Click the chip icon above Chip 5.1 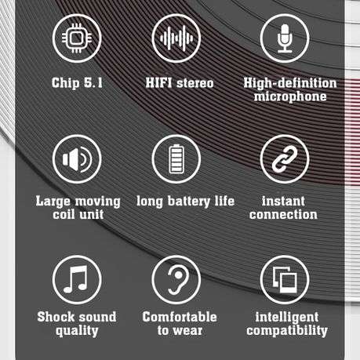(76, 39)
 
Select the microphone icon (284, 39)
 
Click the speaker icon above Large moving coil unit (76, 159)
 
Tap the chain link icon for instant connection (284, 159)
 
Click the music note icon (76, 280)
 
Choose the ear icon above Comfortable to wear (179, 280)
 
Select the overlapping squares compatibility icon (284, 280)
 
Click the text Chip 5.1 (77, 82)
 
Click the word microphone (289, 97)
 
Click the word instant (283, 201)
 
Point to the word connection (283, 215)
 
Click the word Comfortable (179, 317)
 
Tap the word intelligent (286, 317)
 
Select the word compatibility (286, 331)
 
